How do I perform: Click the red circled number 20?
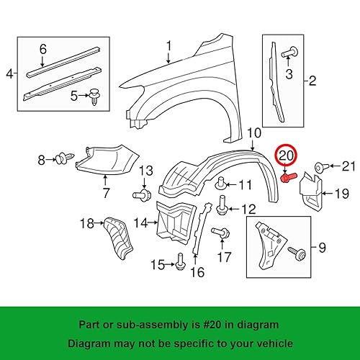[287, 155]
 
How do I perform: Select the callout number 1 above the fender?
[169, 47]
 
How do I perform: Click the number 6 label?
[42, 48]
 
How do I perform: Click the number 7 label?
[105, 194]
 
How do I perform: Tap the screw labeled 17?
[222, 234]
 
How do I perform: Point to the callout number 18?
[86, 224]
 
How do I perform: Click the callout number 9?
[322, 248]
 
